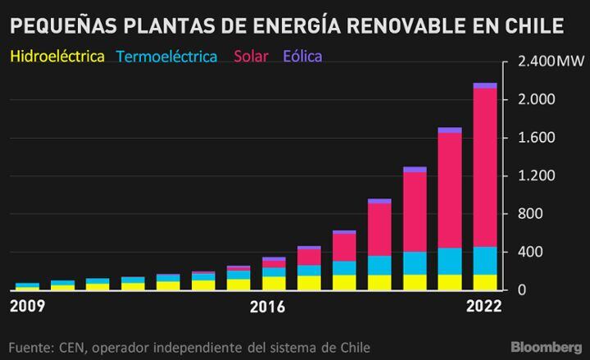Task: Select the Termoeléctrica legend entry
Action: click(x=167, y=57)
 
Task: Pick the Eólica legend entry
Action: click(x=303, y=57)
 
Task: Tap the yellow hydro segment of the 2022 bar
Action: click(x=485, y=282)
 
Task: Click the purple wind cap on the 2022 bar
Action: click(x=485, y=84)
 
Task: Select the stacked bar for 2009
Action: click(x=26, y=285)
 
